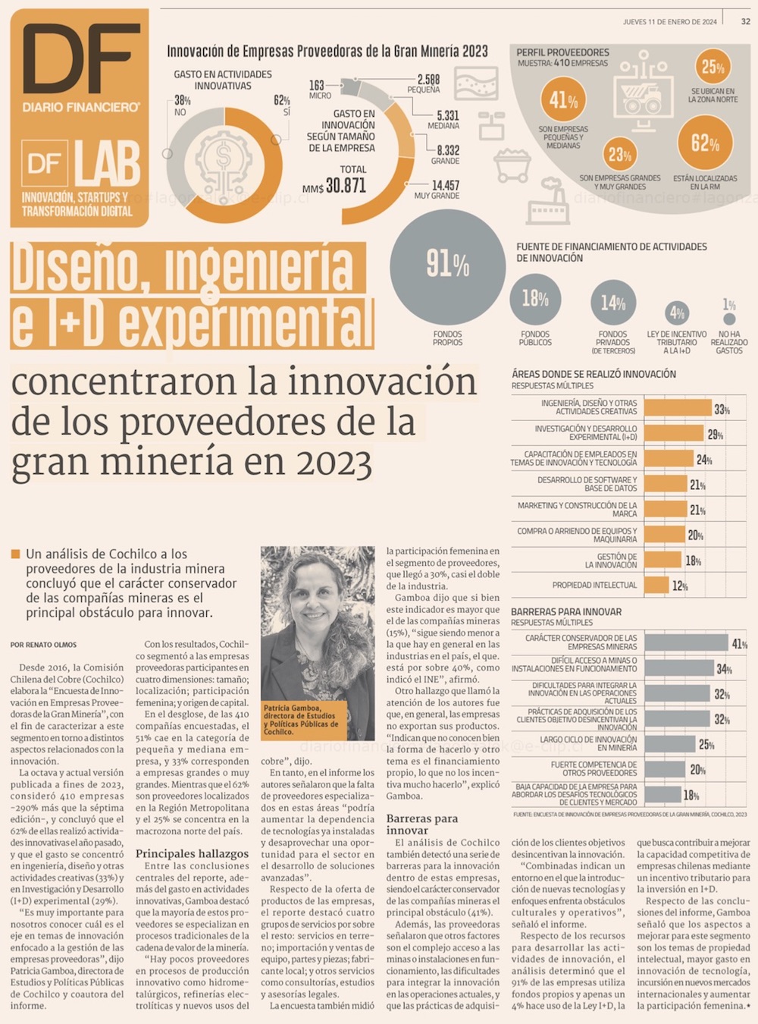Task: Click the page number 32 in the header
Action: click(746, 21)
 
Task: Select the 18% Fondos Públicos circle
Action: click(535, 300)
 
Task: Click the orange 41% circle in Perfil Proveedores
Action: click(563, 100)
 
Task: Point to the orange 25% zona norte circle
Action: click(713, 67)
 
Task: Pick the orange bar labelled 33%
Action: click(678, 408)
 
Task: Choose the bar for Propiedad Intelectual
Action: click(656, 586)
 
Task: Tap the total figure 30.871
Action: click(345, 185)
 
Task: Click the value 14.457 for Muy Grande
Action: click(445, 185)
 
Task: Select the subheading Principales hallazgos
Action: click(192, 853)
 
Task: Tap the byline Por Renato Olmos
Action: click(43, 645)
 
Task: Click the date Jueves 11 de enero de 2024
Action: click(669, 22)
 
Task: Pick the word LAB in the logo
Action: click(107, 164)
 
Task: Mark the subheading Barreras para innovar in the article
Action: click(421, 825)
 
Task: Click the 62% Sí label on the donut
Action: click(281, 106)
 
